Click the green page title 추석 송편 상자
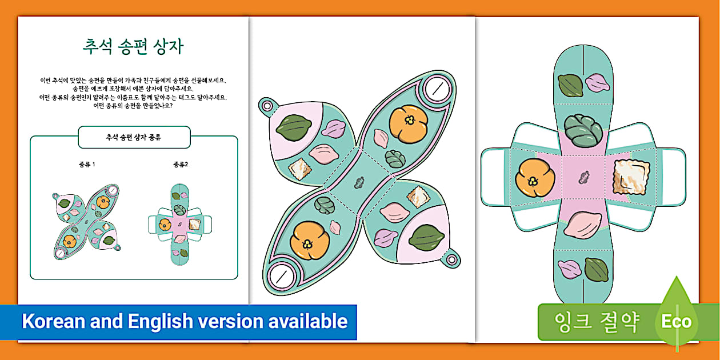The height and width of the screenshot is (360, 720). pos(133,47)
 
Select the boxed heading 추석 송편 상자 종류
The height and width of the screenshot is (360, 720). pos(134,137)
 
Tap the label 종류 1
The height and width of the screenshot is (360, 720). pos(87,165)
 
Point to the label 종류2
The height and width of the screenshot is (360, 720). pos(181,165)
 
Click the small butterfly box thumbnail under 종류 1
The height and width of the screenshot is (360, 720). pos(86,219)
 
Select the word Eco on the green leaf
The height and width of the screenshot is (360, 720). pos(676,322)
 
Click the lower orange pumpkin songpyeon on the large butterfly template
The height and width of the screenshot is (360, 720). pos(310,240)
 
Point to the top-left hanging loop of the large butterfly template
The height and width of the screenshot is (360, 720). pos(266,106)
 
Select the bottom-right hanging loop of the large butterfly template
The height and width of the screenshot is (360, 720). pos(451,260)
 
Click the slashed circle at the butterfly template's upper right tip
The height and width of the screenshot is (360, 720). pos(437,89)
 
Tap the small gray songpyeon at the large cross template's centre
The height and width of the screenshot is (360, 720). pos(584,178)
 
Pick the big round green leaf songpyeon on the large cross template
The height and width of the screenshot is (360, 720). pos(583,129)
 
